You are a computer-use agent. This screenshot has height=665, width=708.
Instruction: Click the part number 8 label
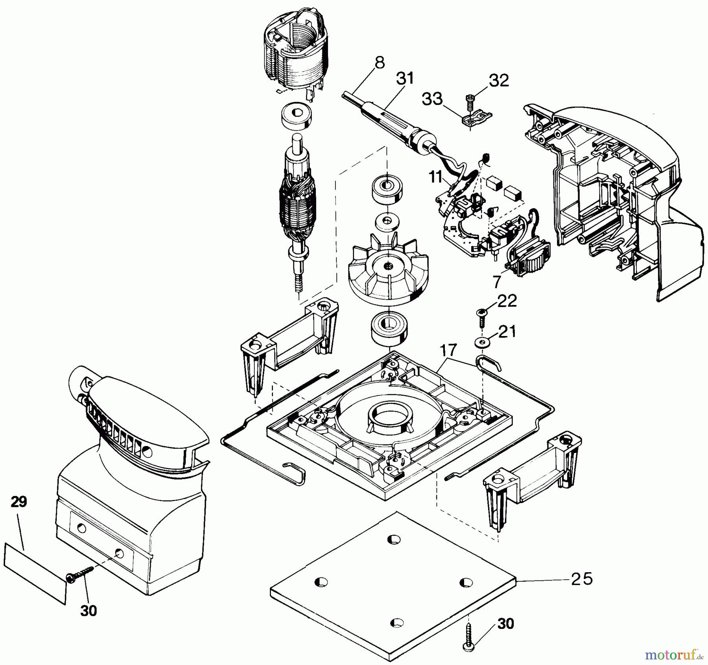[x=379, y=63]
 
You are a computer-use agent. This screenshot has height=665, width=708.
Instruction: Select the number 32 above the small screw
[x=499, y=81]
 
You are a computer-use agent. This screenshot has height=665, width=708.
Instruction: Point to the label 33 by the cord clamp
[x=432, y=99]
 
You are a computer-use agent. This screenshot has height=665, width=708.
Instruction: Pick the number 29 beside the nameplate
[x=18, y=502]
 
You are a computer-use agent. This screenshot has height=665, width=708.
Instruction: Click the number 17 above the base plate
[x=448, y=349]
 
